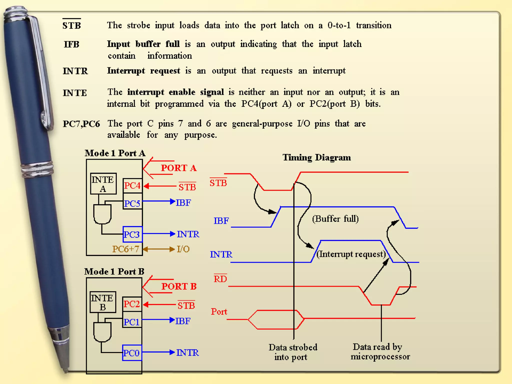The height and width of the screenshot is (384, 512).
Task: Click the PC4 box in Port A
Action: click(x=132, y=186)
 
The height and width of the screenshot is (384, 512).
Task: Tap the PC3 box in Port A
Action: click(x=132, y=234)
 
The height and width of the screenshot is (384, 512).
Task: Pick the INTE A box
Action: click(x=103, y=184)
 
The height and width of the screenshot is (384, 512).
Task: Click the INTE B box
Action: click(x=102, y=302)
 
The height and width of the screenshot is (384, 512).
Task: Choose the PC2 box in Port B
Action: click(x=132, y=304)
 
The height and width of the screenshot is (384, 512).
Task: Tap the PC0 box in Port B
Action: click(x=132, y=353)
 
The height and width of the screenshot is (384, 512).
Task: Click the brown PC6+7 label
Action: click(x=125, y=249)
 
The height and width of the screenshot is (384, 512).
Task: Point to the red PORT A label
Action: click(x=178, y=168)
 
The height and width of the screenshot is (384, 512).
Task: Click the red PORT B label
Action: click(x=179, y=286)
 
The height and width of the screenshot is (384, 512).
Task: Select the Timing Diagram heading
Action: click(x=316, y=157)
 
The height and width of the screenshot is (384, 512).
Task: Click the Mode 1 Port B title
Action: click(x=114, y=271)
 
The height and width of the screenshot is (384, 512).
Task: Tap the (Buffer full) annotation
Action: click(x=335, y=219)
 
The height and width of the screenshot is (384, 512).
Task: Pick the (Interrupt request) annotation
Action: click(x=351, y=254)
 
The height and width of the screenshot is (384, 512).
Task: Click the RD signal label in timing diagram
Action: click(x=220, y=279)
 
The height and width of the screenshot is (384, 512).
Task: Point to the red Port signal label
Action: click(x=219, y=311)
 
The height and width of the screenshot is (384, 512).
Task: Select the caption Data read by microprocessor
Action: click(x=380, y=352)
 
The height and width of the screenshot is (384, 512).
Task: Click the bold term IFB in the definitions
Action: click(x=71, y=44)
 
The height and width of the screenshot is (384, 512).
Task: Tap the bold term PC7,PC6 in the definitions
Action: click(x=81, y=124)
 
